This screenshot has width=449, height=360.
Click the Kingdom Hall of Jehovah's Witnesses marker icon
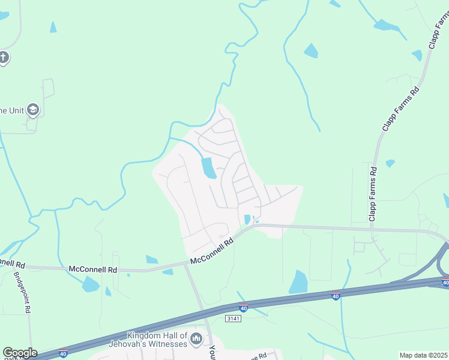pos(196,340)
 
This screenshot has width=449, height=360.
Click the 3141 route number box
pos(234,318)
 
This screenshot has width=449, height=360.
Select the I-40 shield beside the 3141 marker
pos(243,307)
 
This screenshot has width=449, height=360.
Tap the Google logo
pos(19,353)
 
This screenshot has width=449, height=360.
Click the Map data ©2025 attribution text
pos(423,355)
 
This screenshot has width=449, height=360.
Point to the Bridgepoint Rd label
pos(22,292)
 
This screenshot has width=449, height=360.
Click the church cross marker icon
pos(4,58)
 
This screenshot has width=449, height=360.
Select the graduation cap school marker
pos(32,109)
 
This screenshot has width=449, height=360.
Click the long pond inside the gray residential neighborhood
pos(208,168)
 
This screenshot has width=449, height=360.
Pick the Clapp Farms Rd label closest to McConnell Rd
pos(373,194)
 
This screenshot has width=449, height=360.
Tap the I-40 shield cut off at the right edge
pos(445,283)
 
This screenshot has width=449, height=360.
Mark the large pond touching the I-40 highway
pos(298,282)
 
